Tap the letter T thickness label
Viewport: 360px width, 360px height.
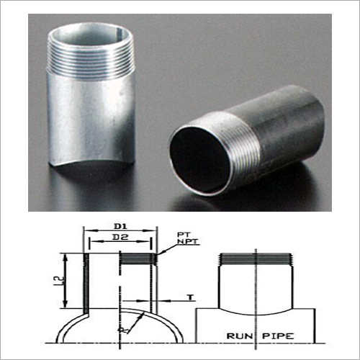(x=191, y=297)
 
